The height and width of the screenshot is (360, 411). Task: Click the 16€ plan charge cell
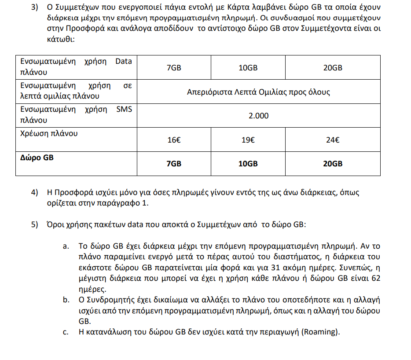click(x=174, y=140)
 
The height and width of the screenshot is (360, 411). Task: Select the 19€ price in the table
click(x=248, y=140)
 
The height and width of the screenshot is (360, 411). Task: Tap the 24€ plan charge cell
click(x=332, y=140)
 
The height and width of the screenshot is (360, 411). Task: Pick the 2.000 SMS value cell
click(x=258, y=116)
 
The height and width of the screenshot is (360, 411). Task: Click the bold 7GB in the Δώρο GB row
click(x=174, y=164)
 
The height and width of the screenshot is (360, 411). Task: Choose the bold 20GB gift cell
click(x=332, y=164)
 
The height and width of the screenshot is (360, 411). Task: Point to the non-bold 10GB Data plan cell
click(x=248, y=68)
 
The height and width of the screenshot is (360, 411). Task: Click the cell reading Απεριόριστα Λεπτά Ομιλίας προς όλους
click(x=258, y=92)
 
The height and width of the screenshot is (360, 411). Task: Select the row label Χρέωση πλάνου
click(x=48, y=133)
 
